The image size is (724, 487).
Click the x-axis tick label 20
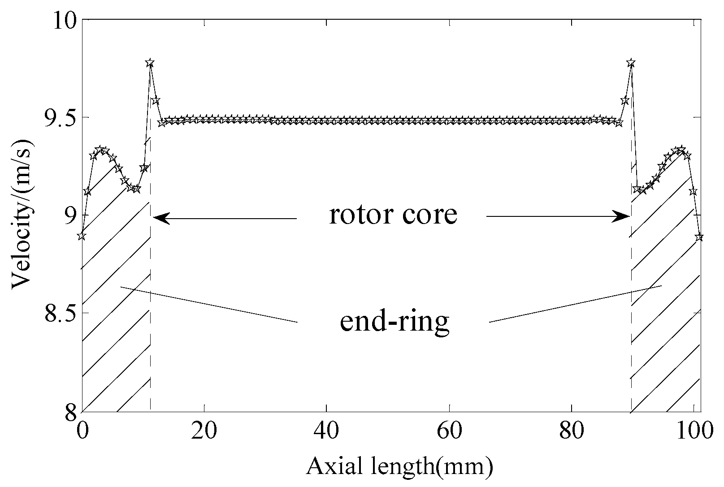tap(204, 431)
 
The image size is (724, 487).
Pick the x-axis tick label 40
tap(326, 431)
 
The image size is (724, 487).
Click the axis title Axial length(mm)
tap(400, 467)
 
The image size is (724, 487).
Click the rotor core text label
tap(393, 215)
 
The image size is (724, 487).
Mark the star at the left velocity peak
tap(150, 63)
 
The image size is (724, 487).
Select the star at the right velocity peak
tap(631, 63)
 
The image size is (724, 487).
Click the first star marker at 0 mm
tap(82, 236)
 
